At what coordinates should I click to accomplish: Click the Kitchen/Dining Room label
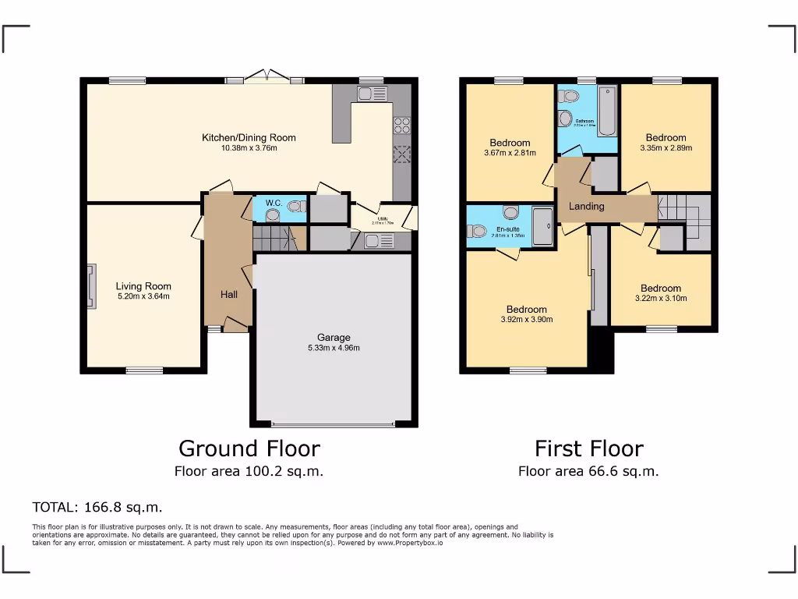tap(249, 138)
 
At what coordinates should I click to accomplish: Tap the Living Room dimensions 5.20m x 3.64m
tap(143, 296)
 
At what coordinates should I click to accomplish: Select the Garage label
tap(334, 338)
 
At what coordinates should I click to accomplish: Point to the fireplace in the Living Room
tap(92, 286)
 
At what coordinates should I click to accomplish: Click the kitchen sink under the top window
tap(372, 94)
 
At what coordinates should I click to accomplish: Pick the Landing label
tap(587, 207)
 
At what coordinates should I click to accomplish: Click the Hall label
tap(229, 295)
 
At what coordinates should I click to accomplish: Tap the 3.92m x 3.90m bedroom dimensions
tap(526, 320)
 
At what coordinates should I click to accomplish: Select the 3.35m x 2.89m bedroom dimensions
tap(666, 148)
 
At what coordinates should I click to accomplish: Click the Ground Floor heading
tap(249, 448)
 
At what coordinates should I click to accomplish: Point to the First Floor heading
tap(588, 448)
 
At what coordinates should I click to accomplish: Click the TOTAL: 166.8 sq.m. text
tap(97, 508)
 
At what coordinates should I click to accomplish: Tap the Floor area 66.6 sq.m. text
tap(588, 471)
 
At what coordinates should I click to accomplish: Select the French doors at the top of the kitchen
tap(265, 76)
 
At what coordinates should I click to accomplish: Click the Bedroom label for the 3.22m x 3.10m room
tap(661, 289)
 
